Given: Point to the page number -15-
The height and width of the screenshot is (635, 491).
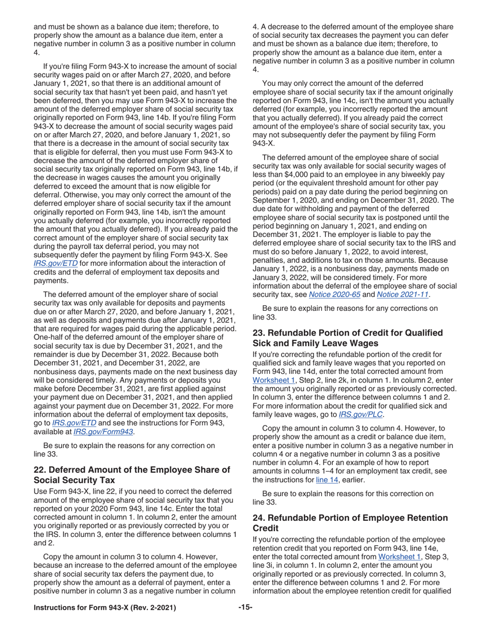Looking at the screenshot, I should click(x=245, y=608).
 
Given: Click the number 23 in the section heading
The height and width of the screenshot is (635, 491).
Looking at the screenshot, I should click(x=258, y=332).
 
